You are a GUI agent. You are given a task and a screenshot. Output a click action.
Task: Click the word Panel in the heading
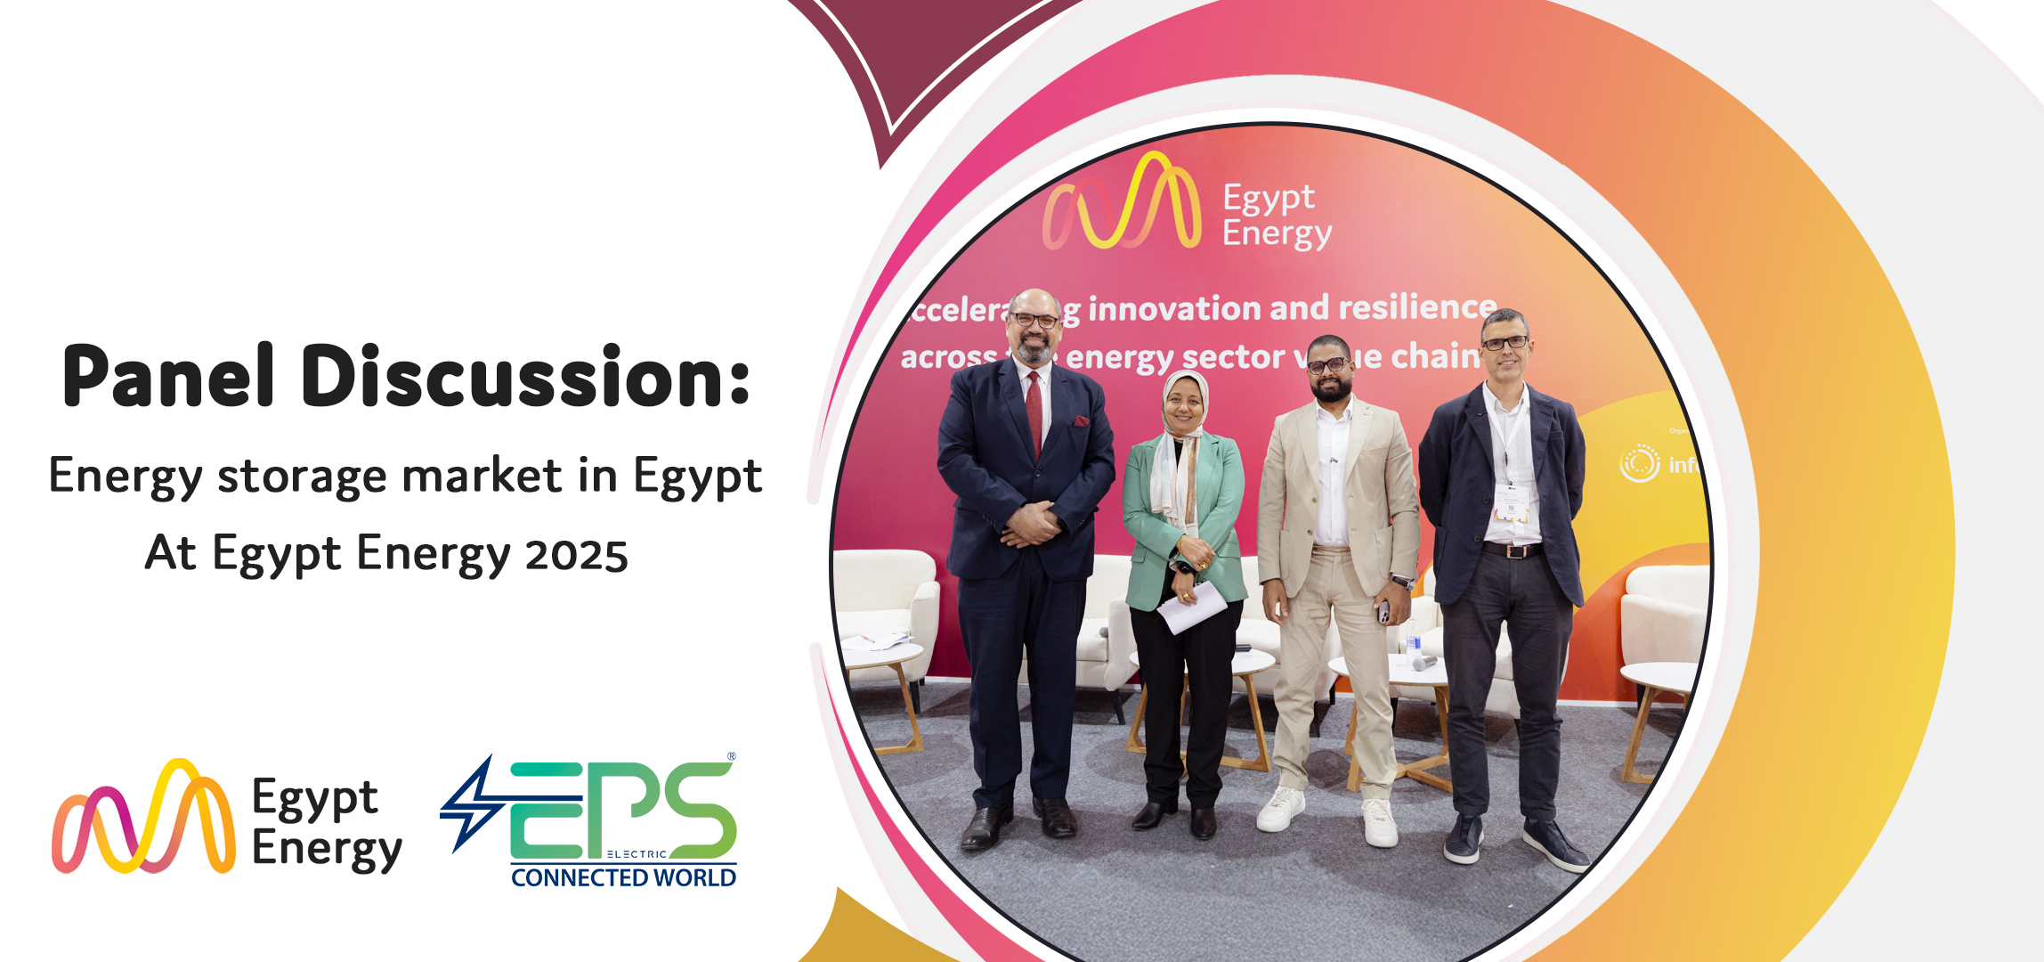coord(168,378)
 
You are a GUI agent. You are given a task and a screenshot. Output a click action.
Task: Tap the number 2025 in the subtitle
coord(576,555)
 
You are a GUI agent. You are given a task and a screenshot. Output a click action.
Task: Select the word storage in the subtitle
coord(301,476)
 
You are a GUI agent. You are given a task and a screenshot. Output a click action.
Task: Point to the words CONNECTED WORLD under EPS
coord(623,878)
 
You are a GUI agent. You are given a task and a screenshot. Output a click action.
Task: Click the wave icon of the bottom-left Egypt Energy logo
coord(143,818)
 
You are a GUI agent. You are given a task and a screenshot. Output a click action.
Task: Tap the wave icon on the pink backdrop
coord(1122,203)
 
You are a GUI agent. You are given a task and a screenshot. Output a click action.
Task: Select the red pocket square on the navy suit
coord(1081,421)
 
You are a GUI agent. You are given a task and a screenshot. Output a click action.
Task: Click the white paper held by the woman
coord(1192,607)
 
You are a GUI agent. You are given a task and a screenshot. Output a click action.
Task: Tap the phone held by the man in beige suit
coord(1383,612)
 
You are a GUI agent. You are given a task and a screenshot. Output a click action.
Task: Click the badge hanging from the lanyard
coord(1511,504)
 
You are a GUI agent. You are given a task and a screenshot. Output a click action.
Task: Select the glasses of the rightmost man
coord(1505,343)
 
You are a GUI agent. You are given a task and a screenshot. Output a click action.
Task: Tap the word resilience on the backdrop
coord(1417,307)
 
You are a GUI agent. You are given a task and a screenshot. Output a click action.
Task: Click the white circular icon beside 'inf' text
coord(1639,464)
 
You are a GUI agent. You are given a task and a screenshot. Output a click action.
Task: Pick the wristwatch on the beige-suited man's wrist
coord(1403,583)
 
